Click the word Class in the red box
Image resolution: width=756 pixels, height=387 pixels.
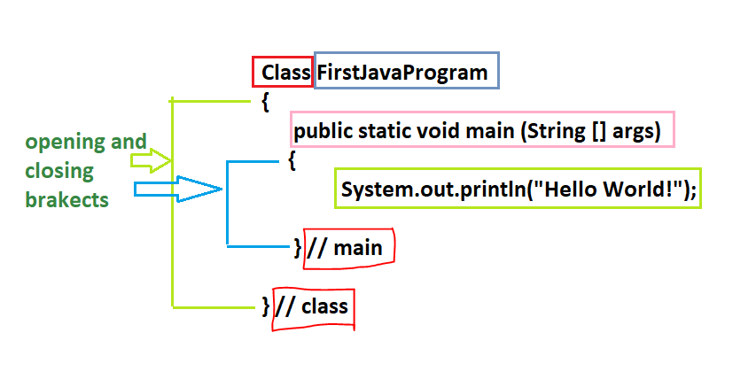283,73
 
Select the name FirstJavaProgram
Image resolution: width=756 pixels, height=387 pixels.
402,73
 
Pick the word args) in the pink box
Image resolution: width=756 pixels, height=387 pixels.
639,131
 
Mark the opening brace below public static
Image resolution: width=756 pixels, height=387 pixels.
292,160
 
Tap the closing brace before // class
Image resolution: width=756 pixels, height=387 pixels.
266,307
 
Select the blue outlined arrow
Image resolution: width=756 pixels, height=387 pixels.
177,188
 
